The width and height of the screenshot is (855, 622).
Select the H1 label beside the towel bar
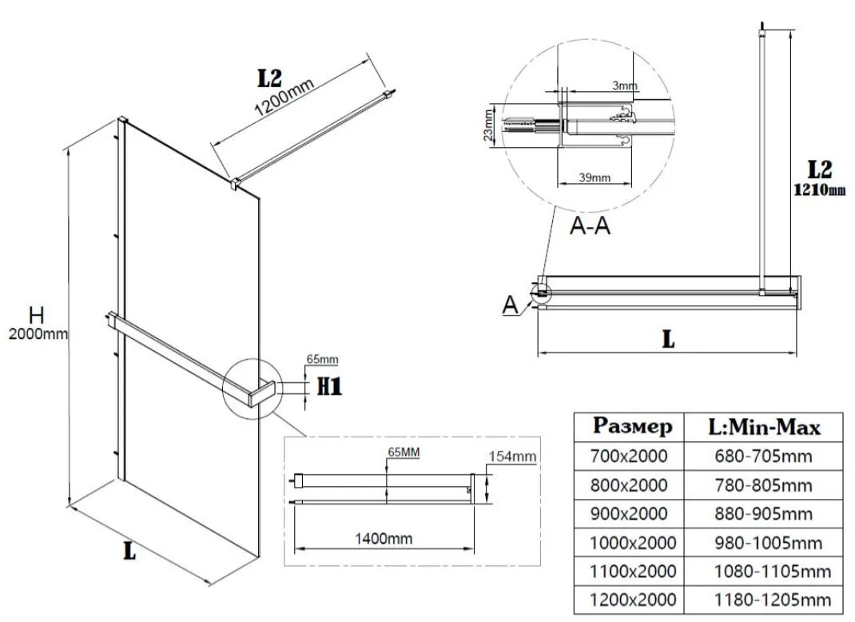[x=329, y=388]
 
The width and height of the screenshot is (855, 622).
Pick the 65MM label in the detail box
[x=404, y=452]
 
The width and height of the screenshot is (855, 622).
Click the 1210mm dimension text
[x=819, y=190]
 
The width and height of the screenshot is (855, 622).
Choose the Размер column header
[x=633, y=426]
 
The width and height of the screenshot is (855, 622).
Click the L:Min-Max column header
[x=765, y=426]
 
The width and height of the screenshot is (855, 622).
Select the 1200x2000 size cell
[x=633, y=600]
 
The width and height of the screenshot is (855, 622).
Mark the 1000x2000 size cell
[x=633, y=543]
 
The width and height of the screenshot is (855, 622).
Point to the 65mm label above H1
[x=323, y=360]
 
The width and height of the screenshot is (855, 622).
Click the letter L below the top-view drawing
[x=668, y=339]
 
